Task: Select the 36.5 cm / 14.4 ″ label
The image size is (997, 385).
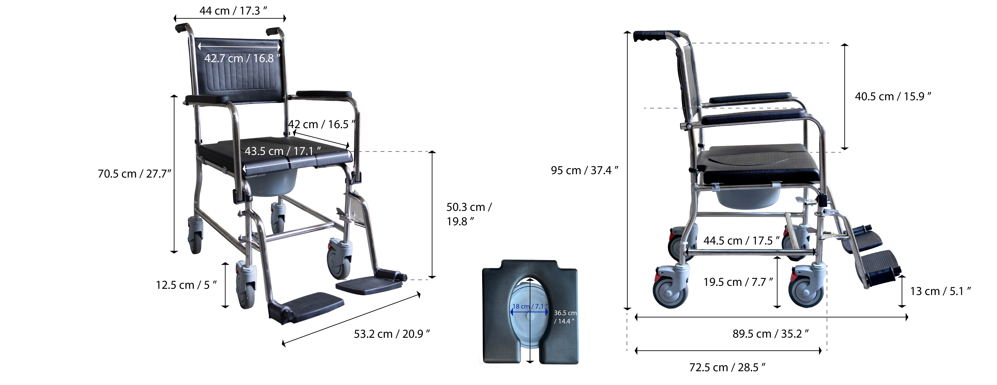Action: click(x=565, y=317)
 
